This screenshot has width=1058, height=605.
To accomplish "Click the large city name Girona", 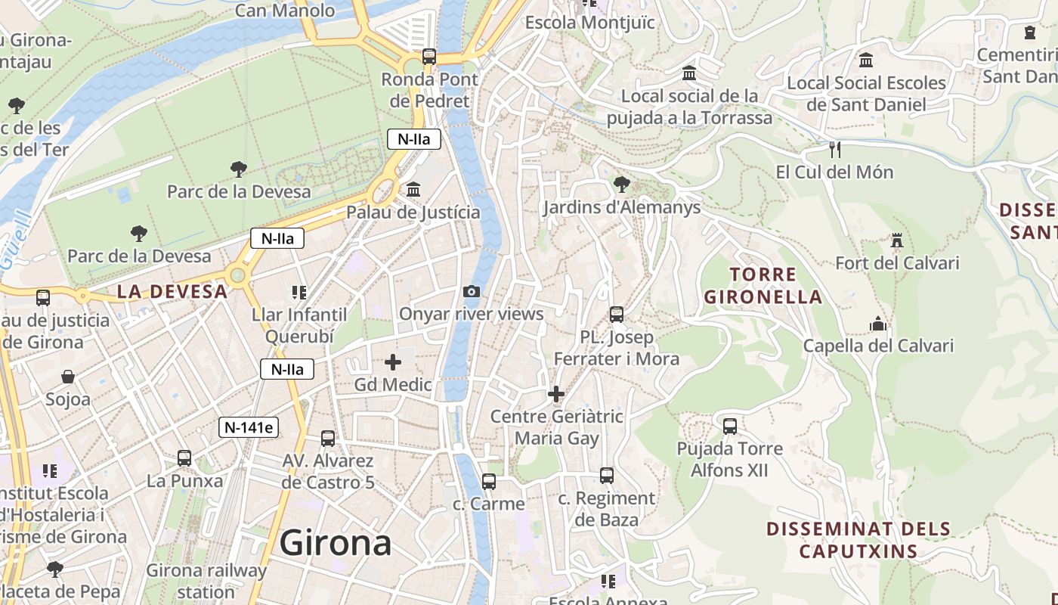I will coord(336,543).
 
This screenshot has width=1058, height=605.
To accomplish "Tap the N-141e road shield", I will coord(249,427).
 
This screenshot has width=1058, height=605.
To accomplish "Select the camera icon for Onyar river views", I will coord(471,292).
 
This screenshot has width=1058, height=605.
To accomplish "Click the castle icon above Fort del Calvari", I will coord(897,241).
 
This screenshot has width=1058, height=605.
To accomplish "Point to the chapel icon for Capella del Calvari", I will coord(878,324).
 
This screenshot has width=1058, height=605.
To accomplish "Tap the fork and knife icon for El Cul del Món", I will coord(834,150).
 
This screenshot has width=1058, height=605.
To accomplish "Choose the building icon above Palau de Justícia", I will coord(413,190).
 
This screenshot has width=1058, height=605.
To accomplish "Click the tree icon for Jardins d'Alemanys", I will coord(621,184).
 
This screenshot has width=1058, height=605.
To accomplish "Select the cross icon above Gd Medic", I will coord(393,362).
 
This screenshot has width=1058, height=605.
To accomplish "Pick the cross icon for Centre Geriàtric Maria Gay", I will coord(556,394).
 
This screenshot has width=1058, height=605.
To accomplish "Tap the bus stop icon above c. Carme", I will coord(488,482).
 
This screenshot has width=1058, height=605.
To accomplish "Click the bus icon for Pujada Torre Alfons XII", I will coord(729,427).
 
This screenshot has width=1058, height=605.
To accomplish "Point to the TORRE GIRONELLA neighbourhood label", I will coord(763,285).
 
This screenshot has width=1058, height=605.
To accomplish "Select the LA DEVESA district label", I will coord(172,291).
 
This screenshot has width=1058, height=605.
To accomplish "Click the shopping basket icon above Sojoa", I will coord(68,377).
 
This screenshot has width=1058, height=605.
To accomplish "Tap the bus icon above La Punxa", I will coord(184,458).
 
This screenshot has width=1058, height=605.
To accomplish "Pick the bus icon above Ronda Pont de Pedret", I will coord(429,56).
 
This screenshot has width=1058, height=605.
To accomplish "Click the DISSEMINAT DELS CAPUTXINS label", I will coord(858,539).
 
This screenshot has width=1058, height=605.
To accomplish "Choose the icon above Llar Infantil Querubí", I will coord(299,292).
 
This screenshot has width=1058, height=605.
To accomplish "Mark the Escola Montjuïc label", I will coord(589,23).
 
